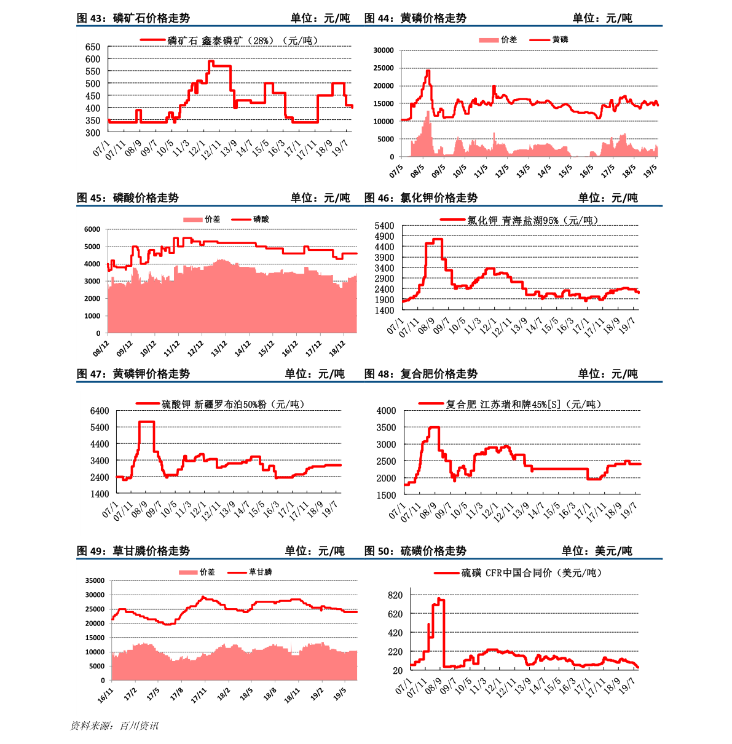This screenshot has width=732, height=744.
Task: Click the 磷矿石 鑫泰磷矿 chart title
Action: click(243, 41)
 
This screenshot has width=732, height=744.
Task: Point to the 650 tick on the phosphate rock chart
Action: click(93, 47)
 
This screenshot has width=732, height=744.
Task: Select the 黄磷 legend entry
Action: click(560, 39)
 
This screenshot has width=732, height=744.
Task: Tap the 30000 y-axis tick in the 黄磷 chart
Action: click(384, 50)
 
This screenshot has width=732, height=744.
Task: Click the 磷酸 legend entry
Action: click(261, 220)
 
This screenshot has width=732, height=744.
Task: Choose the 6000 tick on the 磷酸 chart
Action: click(92, 229)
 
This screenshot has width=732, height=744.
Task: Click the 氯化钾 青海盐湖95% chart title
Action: click(532, 220)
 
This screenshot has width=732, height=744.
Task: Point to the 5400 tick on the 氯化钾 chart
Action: click(384, 226)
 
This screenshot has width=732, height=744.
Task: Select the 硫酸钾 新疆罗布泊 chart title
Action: click(233, 404)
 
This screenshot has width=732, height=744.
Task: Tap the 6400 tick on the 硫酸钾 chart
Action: click(100, 411)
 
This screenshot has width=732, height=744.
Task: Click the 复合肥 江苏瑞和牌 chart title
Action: click(523, 404)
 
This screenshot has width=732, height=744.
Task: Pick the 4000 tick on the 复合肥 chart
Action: click(387, 411)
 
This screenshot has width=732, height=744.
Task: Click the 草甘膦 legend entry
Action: click(260, 572)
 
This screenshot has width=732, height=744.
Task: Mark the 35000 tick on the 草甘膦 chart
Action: click(95, 580)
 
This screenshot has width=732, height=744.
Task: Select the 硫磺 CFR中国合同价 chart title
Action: click(532, 573)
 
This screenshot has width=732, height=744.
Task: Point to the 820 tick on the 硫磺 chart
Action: click(395, 595)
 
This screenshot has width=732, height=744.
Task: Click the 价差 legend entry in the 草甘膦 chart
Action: click(207, 572)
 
